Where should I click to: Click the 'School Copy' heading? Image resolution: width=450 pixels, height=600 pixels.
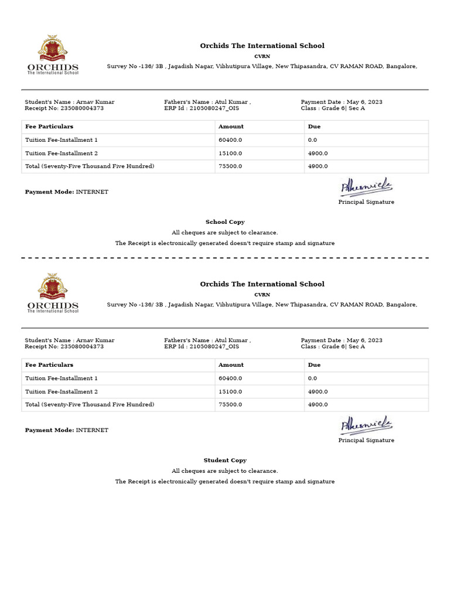click(225, 222)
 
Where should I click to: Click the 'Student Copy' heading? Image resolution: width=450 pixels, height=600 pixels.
click(225, 461)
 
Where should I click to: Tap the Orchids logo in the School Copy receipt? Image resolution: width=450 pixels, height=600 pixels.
click(53, 54)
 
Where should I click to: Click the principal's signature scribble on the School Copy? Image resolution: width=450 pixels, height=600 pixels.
click(366, 187)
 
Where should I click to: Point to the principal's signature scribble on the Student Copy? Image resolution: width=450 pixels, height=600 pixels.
click(366, 426)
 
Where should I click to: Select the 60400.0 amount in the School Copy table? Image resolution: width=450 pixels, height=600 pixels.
click(230, 140)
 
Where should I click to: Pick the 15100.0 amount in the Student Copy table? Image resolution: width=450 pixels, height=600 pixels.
click(230, 391)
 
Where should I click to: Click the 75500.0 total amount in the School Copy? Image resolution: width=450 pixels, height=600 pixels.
click(230, 166)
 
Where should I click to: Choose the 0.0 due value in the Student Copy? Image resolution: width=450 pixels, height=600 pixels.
click(312, 379)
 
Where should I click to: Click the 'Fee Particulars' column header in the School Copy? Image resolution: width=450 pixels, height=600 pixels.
click(49, 127)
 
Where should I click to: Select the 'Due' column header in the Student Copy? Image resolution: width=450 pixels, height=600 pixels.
click(314, 365)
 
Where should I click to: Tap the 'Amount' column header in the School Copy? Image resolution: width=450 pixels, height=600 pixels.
click(231, 127)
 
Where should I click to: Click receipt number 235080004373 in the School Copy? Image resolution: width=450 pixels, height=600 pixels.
click(82, 108)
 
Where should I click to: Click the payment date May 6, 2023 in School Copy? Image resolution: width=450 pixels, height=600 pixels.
click(364, 102)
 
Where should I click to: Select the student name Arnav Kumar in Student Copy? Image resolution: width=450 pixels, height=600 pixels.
click(95, 340)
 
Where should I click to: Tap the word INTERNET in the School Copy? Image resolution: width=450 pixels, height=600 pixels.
click(92, 192)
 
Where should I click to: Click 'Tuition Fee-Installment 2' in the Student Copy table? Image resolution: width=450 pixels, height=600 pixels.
click(62, 391)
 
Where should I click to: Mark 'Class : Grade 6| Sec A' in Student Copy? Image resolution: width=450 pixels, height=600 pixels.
click(333, 347)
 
